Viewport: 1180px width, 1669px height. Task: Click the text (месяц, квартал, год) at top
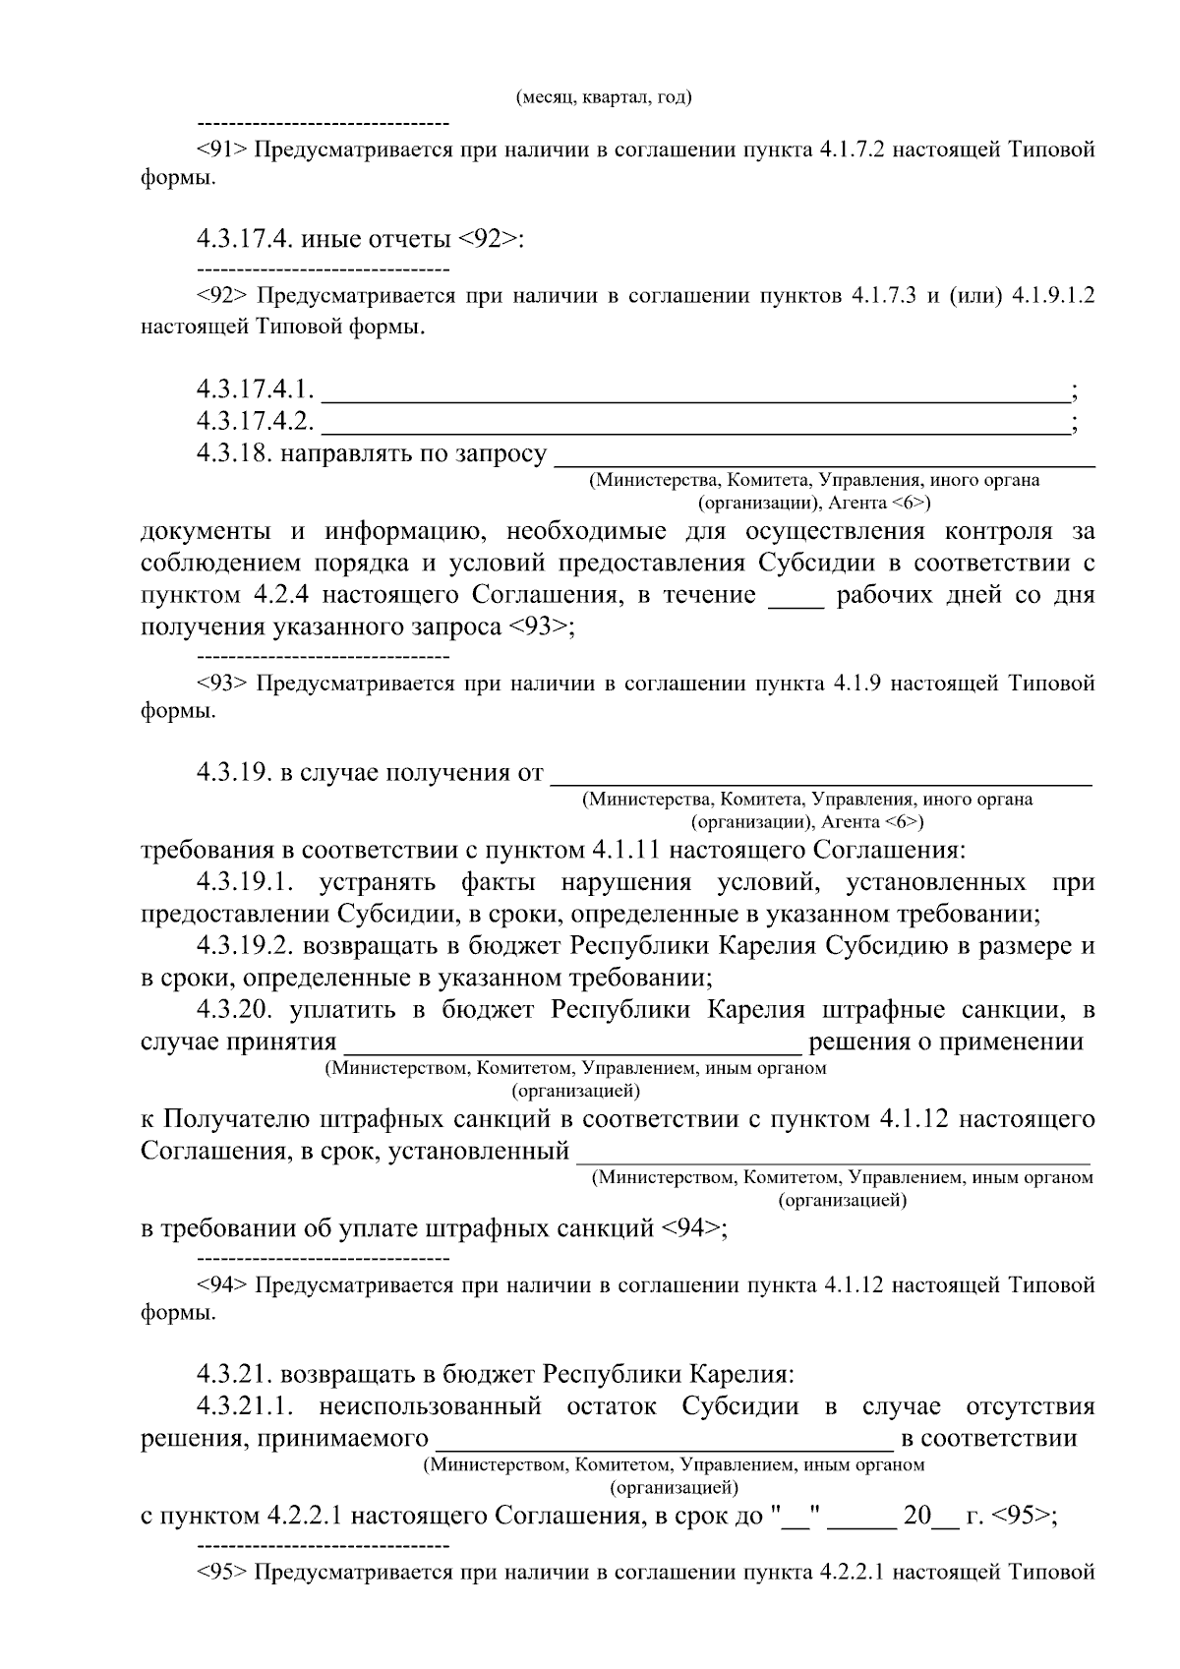[603, 97]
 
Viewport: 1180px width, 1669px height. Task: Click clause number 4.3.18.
[234, 453]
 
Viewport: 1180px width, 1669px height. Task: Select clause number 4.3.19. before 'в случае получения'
[234, 773]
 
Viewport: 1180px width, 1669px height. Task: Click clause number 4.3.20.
[234, 1010]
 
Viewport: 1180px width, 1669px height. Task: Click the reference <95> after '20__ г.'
[1021, 1516]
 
